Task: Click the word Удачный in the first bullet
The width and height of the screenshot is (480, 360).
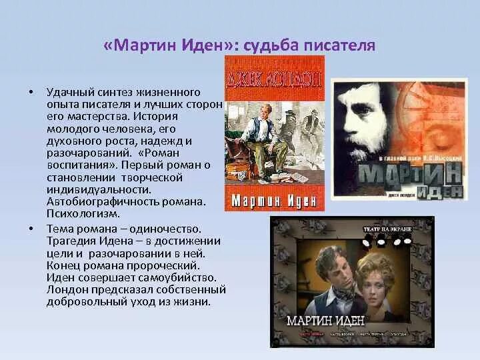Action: coord(69,91)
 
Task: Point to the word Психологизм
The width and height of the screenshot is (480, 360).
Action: coord(83,214)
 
